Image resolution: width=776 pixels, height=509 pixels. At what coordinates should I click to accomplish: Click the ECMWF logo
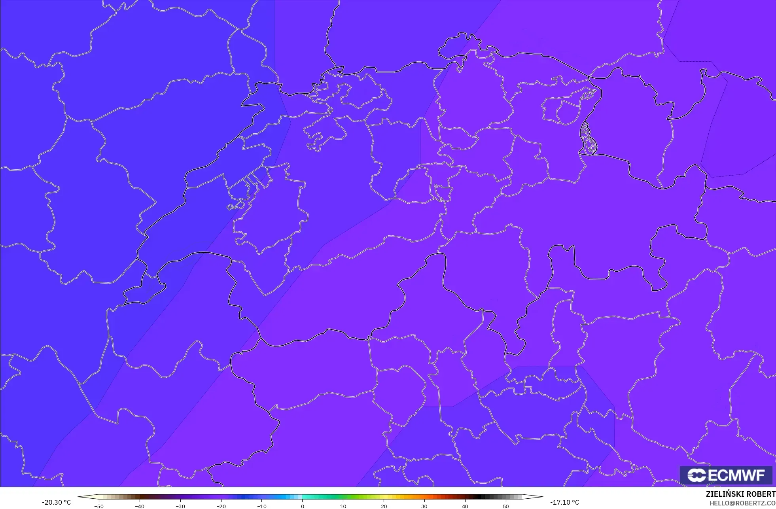726,475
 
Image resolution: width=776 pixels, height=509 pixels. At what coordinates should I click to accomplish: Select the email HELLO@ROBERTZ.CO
742,503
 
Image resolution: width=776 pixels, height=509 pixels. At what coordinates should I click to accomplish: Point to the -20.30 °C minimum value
56,502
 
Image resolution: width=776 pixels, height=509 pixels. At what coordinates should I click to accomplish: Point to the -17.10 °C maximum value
564,502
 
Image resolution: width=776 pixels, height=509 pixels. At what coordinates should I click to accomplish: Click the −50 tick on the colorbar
99,506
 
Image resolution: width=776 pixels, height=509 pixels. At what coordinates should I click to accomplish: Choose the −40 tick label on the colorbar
139,506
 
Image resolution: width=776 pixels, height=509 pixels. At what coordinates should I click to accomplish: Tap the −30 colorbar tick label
180,506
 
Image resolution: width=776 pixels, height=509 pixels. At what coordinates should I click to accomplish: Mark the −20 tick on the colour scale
221,506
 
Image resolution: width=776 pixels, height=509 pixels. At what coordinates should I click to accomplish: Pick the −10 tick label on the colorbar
261,506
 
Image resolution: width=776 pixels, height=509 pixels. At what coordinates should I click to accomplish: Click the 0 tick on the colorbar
303,506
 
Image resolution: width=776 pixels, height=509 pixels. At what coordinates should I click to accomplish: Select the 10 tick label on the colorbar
343,506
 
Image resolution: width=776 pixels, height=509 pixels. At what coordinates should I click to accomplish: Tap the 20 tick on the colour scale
384,506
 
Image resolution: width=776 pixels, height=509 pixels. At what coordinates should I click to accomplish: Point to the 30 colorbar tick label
424,506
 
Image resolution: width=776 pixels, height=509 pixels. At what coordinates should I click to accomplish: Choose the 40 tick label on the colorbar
465,506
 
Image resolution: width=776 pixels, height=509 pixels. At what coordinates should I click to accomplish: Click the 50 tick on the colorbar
506,506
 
